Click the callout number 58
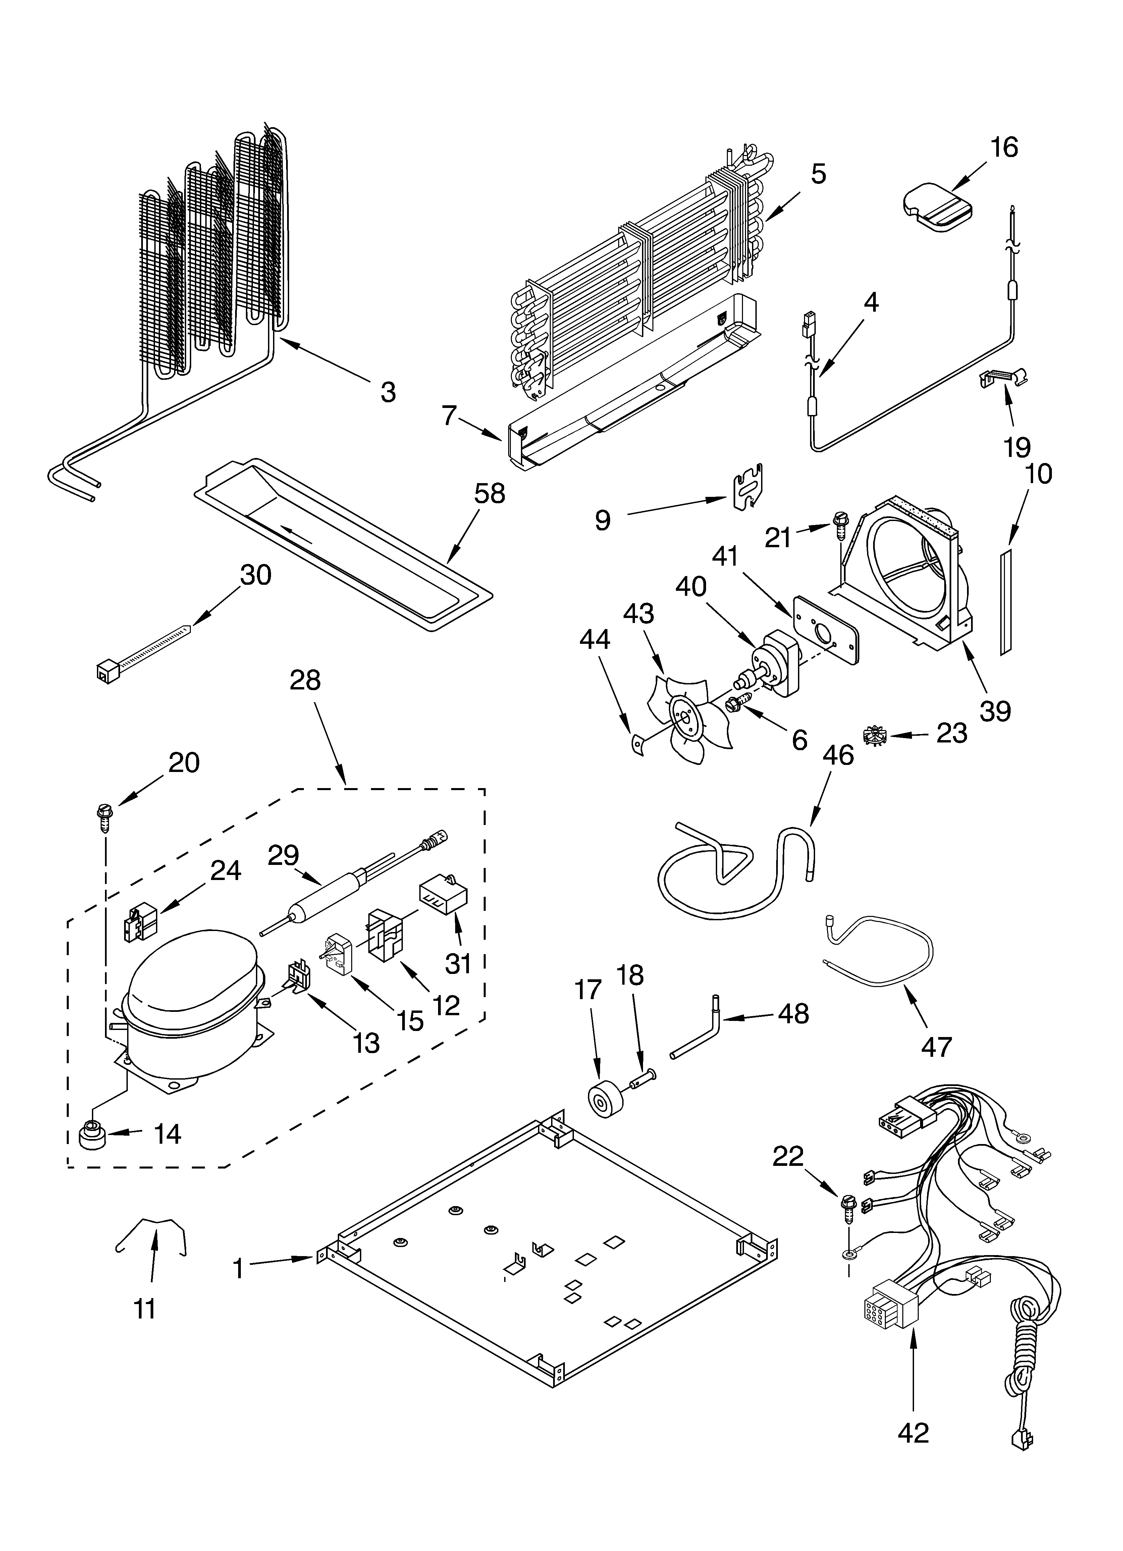tap(490, 493)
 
